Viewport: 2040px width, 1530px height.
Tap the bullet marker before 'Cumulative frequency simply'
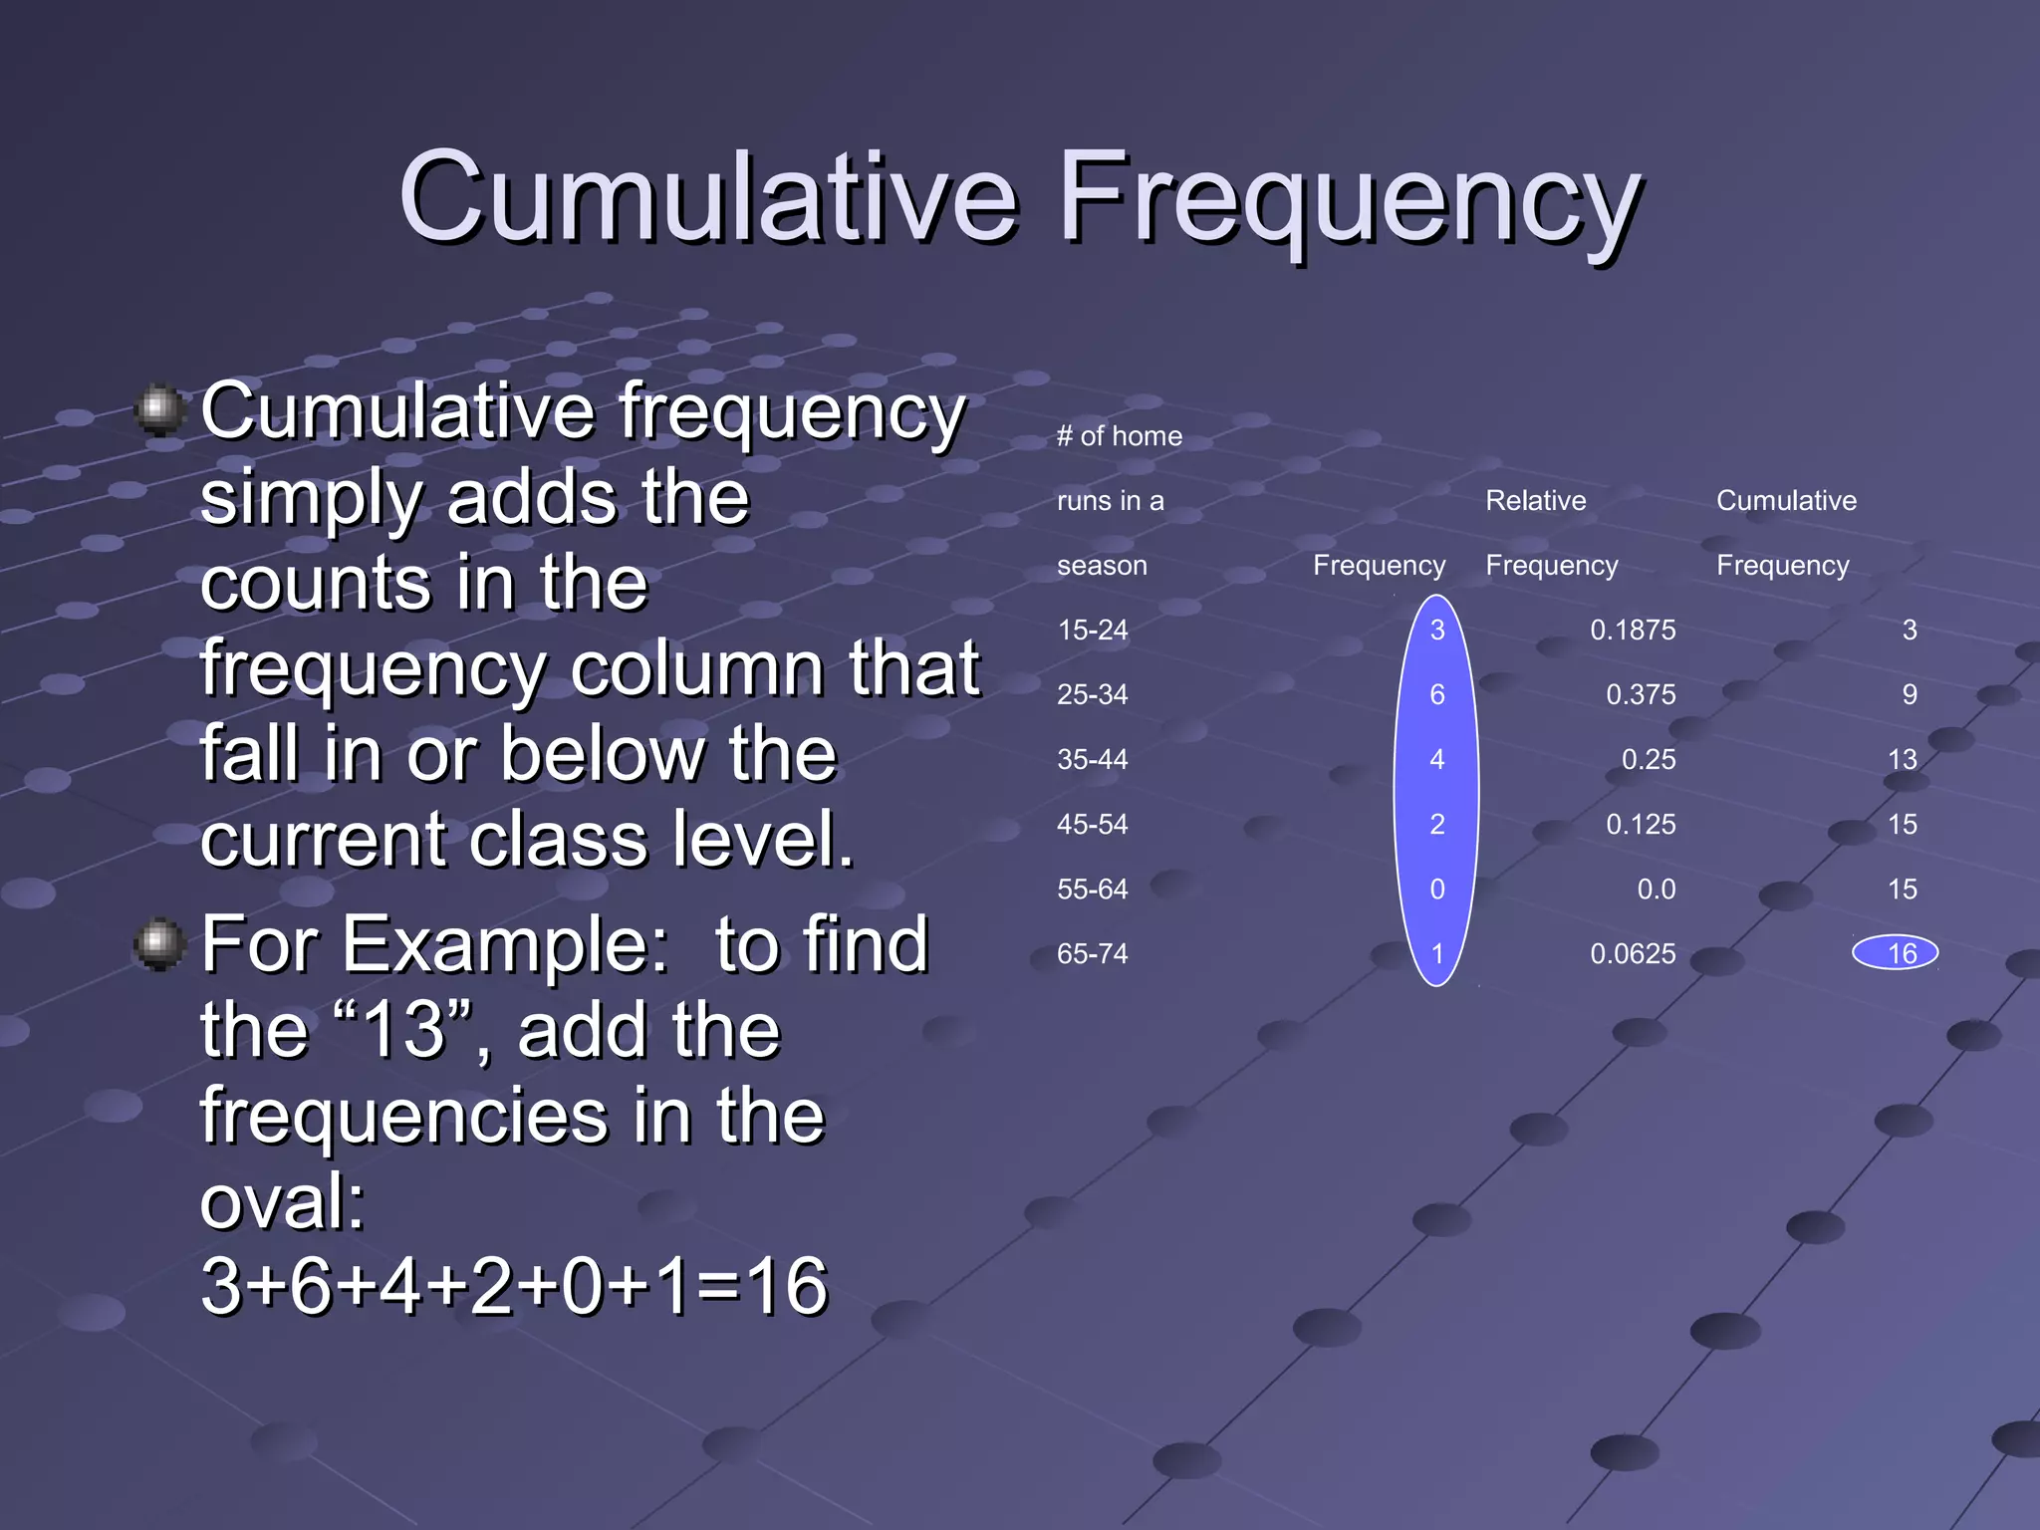pos(159,409)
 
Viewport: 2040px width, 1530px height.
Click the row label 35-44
pos(1092,759)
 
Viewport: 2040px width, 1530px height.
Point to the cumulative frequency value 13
pos(1902,759)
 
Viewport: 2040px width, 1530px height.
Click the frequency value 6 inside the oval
pos(1436,694)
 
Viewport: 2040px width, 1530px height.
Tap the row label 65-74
pos(1092,953)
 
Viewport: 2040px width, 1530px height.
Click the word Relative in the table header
pos(1535,500)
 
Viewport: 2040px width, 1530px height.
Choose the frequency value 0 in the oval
pos(1436,889)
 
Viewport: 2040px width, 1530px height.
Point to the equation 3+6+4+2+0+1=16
pos(513,1285)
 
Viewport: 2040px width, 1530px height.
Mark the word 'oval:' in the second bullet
pos(283,1201)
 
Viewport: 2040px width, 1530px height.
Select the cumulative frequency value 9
pos(1909,694)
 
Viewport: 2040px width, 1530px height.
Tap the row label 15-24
pos(1092,630)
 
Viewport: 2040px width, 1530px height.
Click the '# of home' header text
pos(1119,435)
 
